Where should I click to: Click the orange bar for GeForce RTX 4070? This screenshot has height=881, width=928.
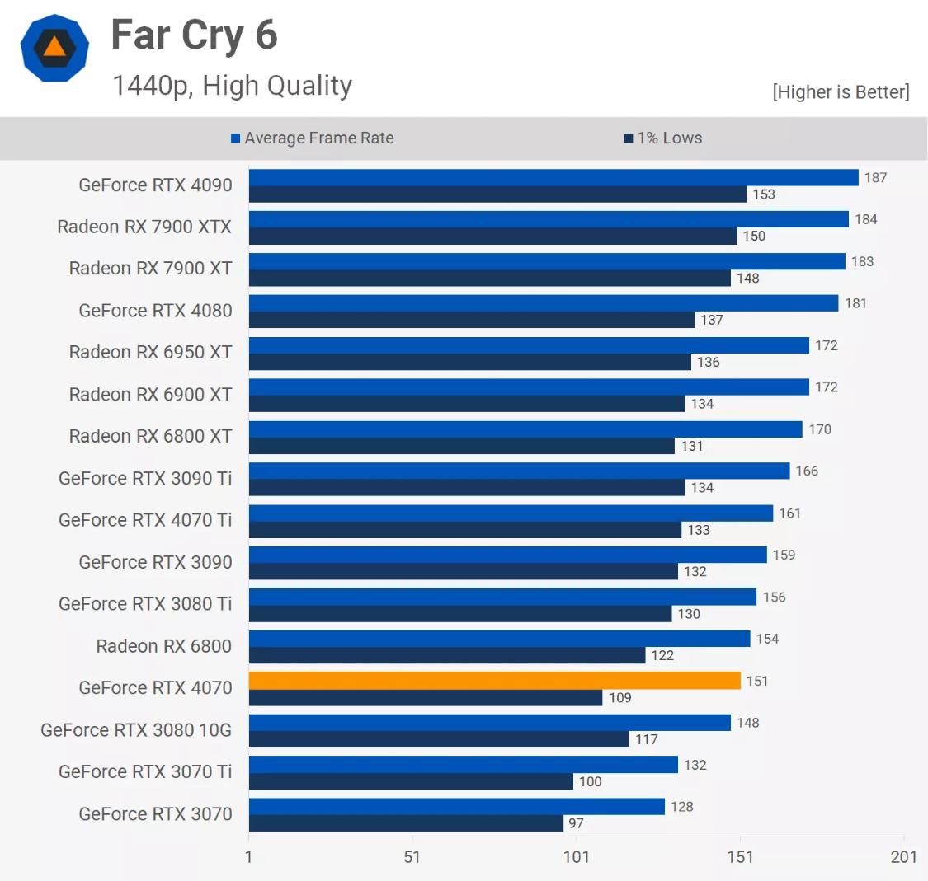click(495, 681)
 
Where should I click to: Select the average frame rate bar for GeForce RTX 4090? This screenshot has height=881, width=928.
click(554, 177)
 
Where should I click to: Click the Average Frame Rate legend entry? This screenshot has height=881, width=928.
click(313, 138)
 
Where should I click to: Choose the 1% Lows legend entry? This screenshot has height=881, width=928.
click(663, 138)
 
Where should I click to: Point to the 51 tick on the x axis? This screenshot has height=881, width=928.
click(412, 857)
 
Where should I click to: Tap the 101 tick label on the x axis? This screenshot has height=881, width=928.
click(577, 857)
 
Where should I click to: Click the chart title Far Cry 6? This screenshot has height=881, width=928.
click(194, 35)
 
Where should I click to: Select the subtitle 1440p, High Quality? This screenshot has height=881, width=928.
click(232, 86)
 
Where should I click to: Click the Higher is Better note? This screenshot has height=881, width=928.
click(841, 92)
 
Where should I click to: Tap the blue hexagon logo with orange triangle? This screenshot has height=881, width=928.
click(54, 48)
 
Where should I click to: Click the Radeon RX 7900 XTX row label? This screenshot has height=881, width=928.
click(144, 227)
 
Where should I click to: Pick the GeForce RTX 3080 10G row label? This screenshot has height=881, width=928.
click(136, 730)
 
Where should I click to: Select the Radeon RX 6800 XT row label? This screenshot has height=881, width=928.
click(150, 436)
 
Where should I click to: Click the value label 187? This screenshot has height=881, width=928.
click(875, 178)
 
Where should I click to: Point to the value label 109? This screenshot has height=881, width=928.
click(620, 698)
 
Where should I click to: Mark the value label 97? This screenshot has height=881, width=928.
click(576, 823)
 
